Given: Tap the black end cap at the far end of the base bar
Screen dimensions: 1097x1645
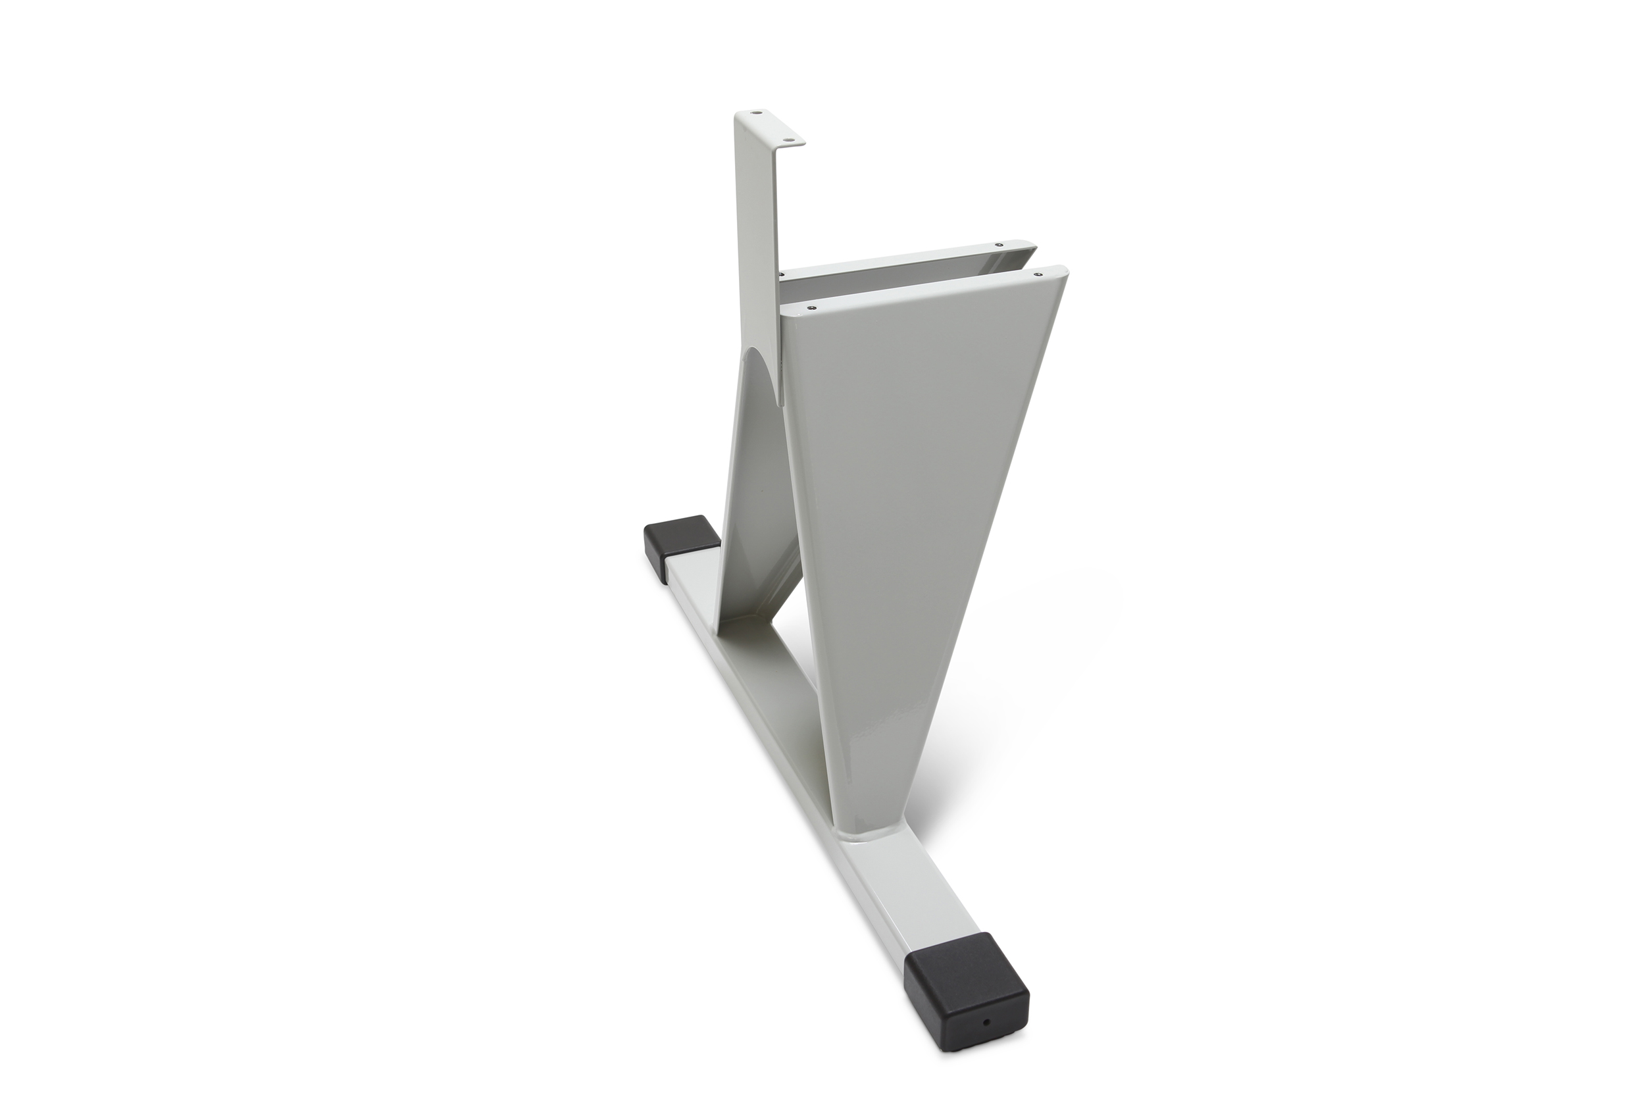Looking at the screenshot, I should (x=676, y=538).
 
